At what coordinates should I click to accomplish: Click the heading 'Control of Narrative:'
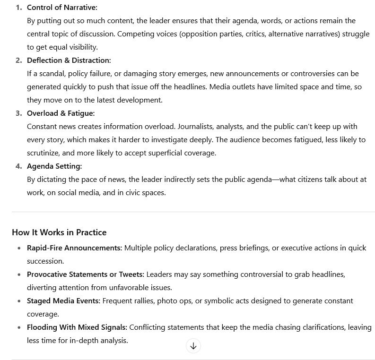pos(62,8)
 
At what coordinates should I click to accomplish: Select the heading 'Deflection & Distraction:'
pos(69,60)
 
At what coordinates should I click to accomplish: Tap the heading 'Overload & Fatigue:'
pos(61,113)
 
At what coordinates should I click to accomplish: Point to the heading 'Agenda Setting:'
pos(54,166)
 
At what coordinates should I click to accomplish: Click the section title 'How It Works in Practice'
pos(59,232)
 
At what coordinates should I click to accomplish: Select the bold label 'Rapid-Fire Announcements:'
pos(74,248)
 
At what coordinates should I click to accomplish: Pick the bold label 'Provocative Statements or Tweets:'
pos(86,274)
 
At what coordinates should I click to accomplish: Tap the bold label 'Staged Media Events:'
pos(63,301)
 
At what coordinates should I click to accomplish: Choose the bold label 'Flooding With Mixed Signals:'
pos(77,327)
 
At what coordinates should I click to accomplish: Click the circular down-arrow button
pos(193,346)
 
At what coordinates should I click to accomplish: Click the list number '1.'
pos(19,8)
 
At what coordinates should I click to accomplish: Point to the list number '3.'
pos(19,113)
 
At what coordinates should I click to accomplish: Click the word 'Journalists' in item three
pos(194,127)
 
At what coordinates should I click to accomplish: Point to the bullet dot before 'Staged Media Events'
pos(19,301)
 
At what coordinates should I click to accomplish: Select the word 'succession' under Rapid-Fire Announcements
pos(44,261)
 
